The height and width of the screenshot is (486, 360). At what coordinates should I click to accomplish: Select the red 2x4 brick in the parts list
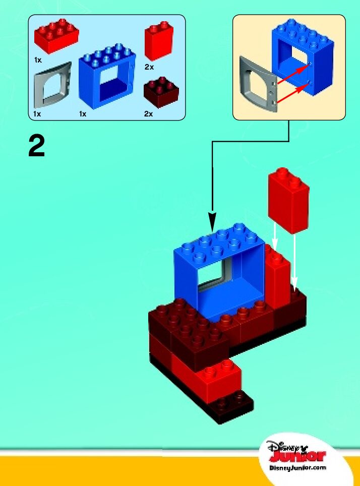[56, 36]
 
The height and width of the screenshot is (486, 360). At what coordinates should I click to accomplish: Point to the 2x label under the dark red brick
[148, 114]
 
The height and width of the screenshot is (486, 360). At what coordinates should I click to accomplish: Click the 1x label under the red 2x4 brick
[38, 60]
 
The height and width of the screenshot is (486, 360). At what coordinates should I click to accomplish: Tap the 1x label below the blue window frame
[83, 114]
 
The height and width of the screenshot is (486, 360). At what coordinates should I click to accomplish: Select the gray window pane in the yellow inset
[257, 83]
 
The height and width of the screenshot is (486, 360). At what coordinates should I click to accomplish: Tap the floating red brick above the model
[289, 200]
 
